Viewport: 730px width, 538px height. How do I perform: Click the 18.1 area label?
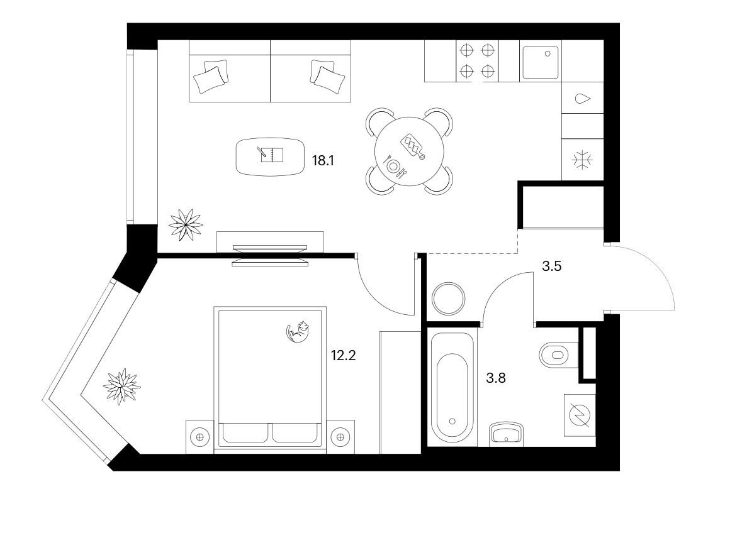(x=323, y=161)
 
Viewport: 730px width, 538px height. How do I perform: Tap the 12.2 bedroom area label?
(x=343, y=356)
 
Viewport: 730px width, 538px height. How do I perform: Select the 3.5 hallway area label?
(x=552, y=266)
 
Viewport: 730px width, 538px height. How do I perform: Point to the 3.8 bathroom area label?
(x=496, y=378)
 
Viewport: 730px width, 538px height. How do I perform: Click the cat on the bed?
(x=298, y=332)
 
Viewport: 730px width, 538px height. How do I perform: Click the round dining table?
(x=409, y=151)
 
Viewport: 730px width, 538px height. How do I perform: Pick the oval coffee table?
(x=270, y=156)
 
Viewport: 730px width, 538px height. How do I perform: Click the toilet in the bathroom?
(x=559, y=355)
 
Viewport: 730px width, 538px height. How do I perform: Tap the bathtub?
(x=452, y=387)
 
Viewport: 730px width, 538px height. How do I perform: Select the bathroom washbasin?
(x=507, y=434)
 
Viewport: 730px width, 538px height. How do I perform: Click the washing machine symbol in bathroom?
(x=580, y=415)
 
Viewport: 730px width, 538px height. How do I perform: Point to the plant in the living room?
(x=186, y=225)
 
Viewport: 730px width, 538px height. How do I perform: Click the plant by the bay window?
(x=121, y=386)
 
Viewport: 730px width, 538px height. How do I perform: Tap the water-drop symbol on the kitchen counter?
(x=583, y=99)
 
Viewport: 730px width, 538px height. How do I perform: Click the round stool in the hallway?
(x=448, y=299)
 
